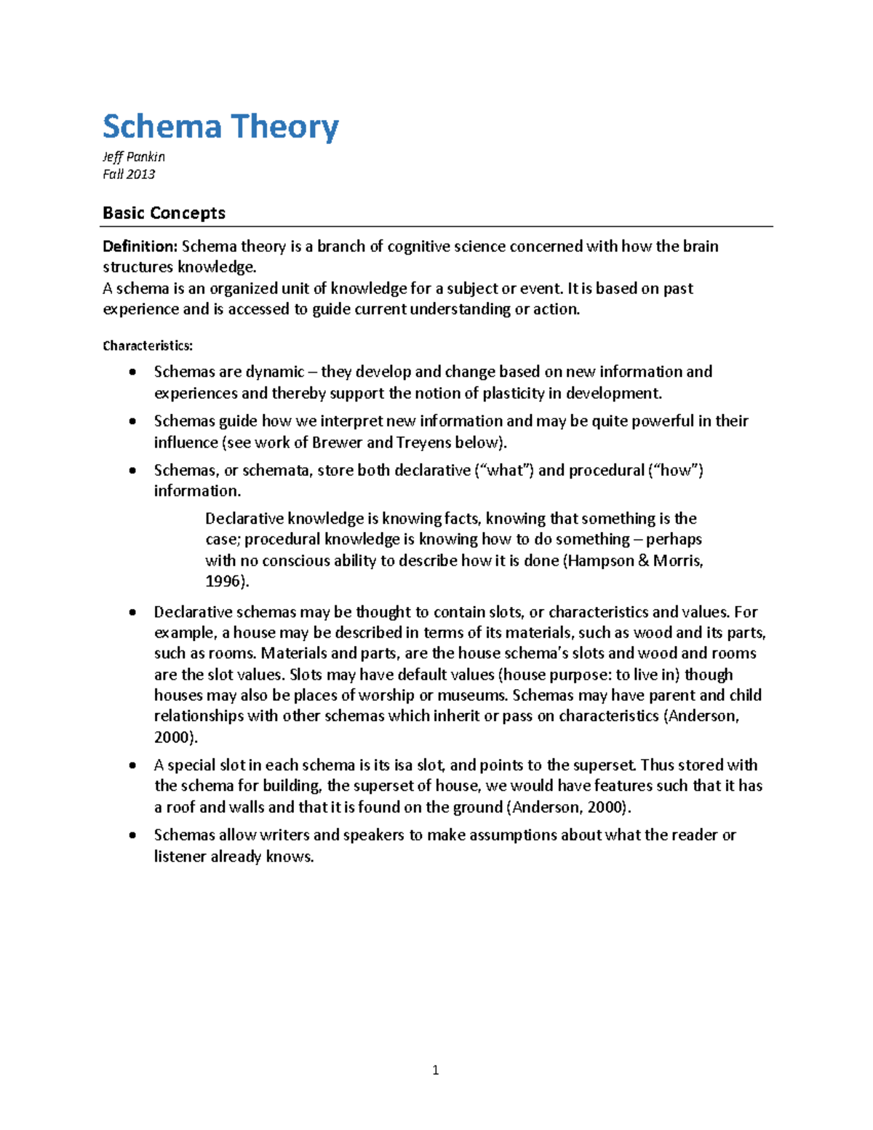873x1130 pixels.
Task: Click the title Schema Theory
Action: point(220,127)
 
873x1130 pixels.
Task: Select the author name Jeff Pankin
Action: point(134,156)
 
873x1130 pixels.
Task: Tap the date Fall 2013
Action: point(129,174)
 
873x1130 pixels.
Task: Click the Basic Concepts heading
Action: point(164,213)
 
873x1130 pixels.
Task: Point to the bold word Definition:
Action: point(140,247)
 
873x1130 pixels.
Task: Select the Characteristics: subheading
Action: point(148,346)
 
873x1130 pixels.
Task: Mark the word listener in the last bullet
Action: point(180,856)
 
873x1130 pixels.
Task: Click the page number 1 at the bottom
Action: point(435,1070)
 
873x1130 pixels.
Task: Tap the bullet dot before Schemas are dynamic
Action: point(132,373)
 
